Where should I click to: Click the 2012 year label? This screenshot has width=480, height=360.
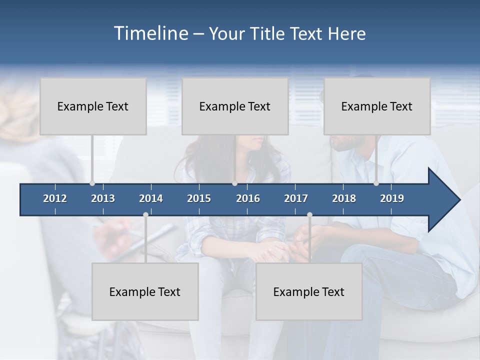[55, 198]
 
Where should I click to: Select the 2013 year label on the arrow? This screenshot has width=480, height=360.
[103, 198]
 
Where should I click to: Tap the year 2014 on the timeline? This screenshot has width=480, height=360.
[151, 198]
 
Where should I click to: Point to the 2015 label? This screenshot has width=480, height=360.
[199, 198]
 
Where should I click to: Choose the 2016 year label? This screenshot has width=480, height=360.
[248, 198]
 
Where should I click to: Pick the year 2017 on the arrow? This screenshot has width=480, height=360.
[296, 198]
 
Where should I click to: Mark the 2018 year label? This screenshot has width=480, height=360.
[344, 198]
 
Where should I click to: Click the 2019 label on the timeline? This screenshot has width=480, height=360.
[392, 198]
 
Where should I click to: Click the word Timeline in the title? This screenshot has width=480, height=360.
[150, 33]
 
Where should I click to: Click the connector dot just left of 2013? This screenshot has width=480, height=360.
[92, 183]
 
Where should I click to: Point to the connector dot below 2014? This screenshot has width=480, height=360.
[145, 214]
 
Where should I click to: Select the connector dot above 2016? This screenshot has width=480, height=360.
[234, 183]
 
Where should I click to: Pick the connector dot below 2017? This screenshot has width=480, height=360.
[309, 214]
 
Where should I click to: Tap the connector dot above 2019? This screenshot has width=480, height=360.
[376, 183]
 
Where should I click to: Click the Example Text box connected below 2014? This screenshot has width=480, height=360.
[145, 291]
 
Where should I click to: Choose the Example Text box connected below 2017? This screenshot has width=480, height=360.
[309, 291]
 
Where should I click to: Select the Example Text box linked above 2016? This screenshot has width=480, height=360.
[235, 106]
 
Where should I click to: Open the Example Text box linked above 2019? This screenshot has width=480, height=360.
[377, 106]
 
